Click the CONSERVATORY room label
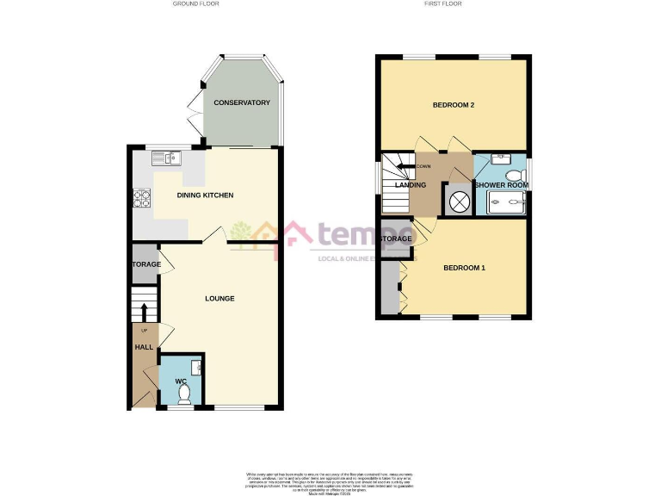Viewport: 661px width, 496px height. pos(242,103)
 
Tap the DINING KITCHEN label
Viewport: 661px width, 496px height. pos(205,195)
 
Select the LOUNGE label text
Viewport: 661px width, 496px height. pos(219,299)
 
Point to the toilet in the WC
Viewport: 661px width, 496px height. pos(182,394)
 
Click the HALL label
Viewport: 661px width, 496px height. pos(143,347)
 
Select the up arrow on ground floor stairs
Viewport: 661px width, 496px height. pos(144,311)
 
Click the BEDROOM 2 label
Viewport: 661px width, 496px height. pos(454,105)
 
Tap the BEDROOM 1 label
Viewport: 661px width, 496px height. pos(465,268)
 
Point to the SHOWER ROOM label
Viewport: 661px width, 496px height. pos(501,185)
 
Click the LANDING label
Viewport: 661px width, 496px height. pos(411,185)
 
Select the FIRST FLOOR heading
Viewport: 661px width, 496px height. pos(443,4)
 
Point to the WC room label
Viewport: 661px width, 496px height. pos(181,381)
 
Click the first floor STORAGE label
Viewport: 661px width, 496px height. pos(397,239)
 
